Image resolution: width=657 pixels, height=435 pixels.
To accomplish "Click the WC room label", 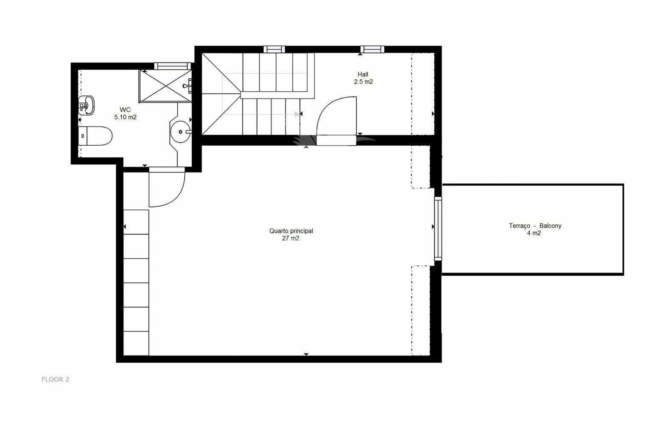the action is click(125, 110).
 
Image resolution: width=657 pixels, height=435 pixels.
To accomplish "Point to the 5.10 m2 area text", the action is click(125, 117).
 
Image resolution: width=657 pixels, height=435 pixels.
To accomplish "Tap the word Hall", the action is click(363, 74).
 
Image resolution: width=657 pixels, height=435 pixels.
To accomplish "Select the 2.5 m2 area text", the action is click(363, 82).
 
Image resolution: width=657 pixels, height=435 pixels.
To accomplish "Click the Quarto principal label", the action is click(291, 231).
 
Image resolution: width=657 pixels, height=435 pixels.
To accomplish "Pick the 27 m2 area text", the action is click(291, 238).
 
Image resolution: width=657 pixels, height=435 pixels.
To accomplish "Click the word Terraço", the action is click(520, 226).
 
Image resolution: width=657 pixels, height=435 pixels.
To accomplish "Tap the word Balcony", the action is click(551, 226).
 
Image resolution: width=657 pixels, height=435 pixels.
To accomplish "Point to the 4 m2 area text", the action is click(534, 233).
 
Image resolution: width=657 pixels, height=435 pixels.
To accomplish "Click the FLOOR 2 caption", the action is click(56, 379).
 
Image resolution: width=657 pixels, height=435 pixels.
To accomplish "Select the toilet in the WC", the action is click(95, 136).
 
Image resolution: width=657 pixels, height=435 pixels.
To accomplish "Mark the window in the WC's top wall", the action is click(173, 66).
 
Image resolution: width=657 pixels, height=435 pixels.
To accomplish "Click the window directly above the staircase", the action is click(274, 49).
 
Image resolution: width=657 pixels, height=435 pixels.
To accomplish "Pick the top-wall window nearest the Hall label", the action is click(372, 49).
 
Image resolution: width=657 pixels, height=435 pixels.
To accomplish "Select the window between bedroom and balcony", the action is click(438, 229).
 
